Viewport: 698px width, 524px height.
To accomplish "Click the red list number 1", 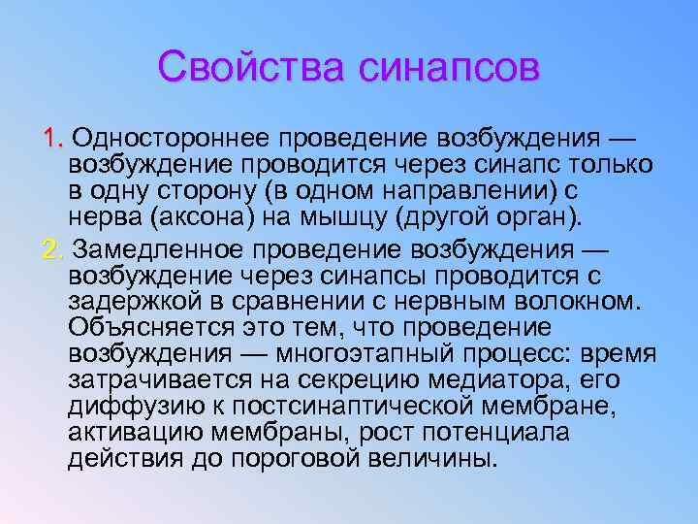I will pyautogui.click(x=50, y=132).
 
